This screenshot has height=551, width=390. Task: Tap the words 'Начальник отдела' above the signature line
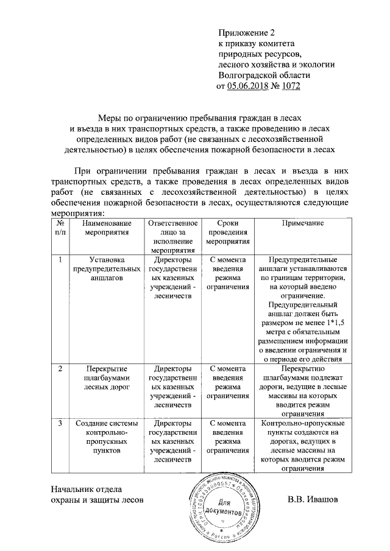(87, 488)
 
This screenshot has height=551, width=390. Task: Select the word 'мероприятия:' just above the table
(78, 213)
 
